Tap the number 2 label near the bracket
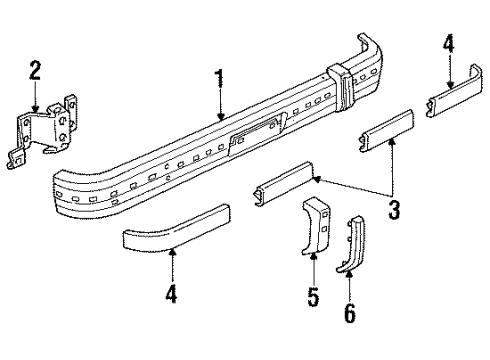pos(35,69)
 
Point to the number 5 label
pos(313,297)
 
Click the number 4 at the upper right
pos(449,44)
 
